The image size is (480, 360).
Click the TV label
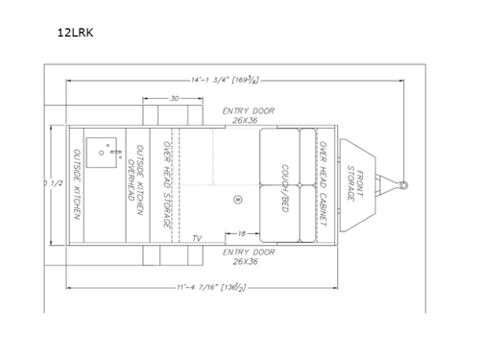point(196,237)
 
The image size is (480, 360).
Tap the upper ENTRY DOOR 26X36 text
point(248,116)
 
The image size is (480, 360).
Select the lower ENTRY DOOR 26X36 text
point(248,256)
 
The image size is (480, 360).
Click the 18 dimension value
point(245,232)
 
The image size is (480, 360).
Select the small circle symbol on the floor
point(236,198)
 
